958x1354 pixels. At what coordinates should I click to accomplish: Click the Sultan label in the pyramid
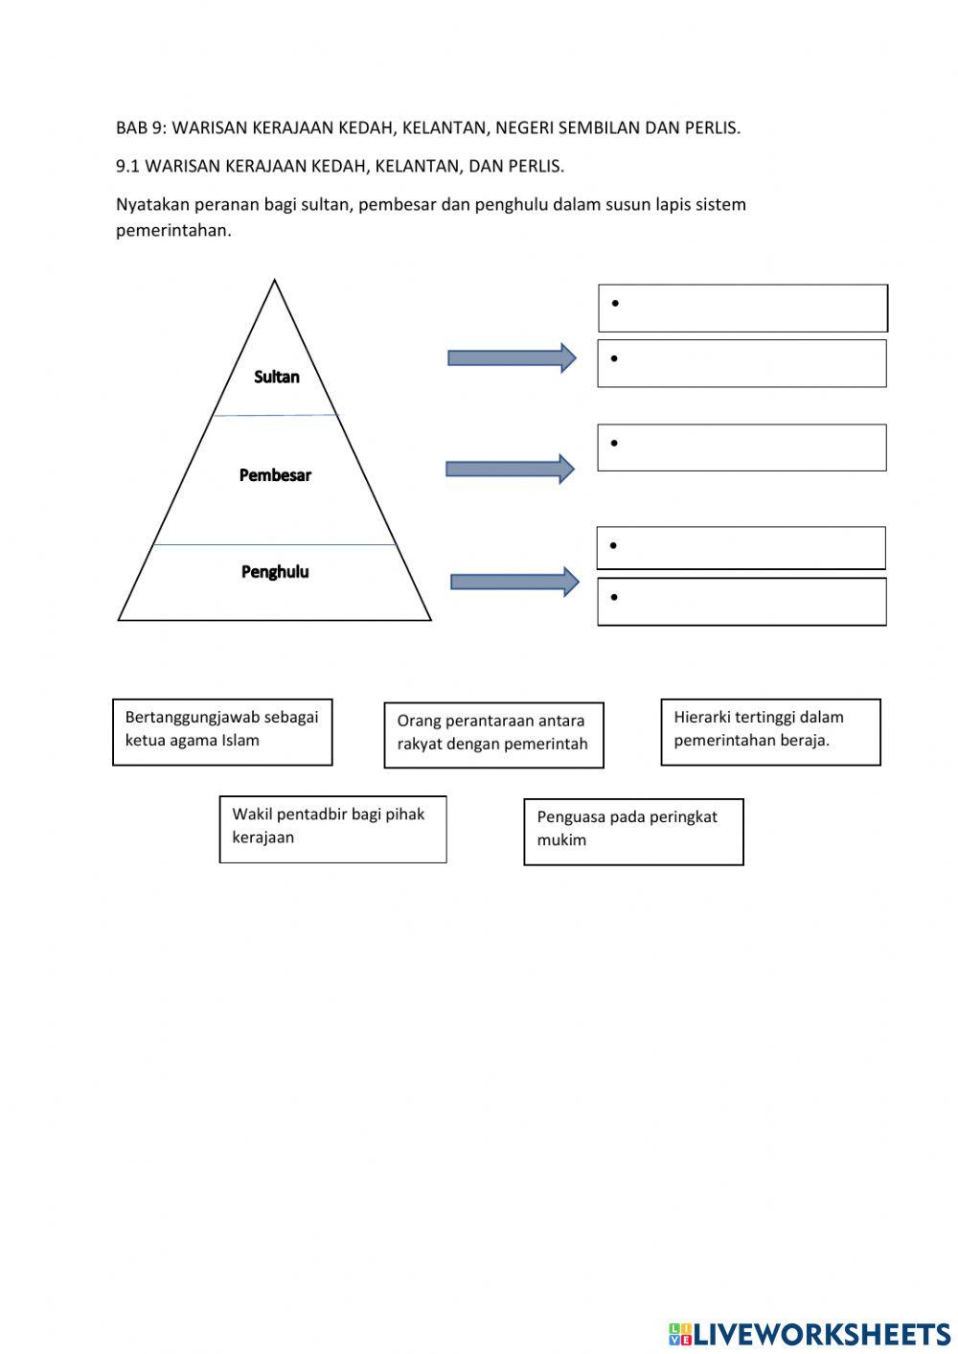pos(276,377)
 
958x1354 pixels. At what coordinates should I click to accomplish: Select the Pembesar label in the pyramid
pos(275,474)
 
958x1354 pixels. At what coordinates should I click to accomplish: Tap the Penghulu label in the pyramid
pos(275,572)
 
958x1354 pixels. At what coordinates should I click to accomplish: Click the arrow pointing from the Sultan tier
pos(512,358)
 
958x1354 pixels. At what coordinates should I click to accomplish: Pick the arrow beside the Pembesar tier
pos(510,469)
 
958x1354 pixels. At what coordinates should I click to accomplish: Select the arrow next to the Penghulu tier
pos(514,582)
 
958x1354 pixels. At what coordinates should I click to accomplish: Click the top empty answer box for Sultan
pos(742,309)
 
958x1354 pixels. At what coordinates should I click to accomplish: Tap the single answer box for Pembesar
pos(741,448)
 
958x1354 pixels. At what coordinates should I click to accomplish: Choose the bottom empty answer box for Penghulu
pos(741,602)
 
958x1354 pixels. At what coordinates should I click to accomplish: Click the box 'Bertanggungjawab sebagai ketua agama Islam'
pos(222,732)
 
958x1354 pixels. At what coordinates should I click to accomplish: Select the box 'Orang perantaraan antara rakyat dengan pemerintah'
pos(493,735)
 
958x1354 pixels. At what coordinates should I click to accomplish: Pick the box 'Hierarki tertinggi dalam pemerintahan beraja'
pos(770,732)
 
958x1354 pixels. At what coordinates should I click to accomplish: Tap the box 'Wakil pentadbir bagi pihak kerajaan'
pos(332,829)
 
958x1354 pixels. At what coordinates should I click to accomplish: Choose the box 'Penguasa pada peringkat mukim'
pos(633,832)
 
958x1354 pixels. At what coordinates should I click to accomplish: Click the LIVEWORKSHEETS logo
pos(810,1333)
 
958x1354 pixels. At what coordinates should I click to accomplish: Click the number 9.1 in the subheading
pos(127,166)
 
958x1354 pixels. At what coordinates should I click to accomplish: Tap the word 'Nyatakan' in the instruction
pos(152,204)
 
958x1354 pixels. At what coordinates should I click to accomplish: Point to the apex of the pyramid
pos(275,281)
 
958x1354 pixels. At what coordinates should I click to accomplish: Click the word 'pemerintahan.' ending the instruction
pos(173,230)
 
